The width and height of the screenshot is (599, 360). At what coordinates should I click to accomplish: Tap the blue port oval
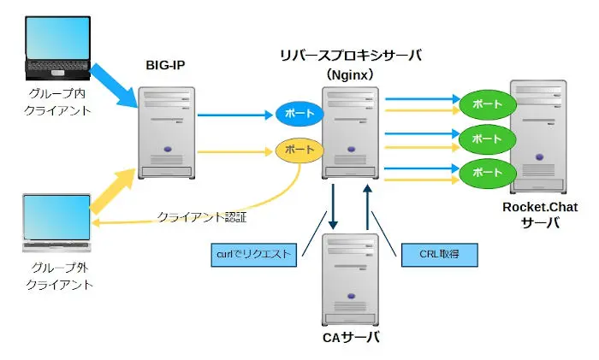point(299,113)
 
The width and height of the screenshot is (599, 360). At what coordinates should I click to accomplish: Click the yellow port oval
point(299,150)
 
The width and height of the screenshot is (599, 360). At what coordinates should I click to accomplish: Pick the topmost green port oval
point(487,104)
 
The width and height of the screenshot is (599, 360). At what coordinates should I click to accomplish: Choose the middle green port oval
point(487,139)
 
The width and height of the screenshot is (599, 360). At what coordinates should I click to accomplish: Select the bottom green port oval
point(487,173)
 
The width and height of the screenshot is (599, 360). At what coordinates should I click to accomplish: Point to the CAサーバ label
point(351,337)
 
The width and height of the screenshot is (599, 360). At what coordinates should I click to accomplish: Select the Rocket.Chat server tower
point(541,137)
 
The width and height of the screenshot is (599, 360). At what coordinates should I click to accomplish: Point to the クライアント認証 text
point(202,218)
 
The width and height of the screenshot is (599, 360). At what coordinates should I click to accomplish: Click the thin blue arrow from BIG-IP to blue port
point(233,113)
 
